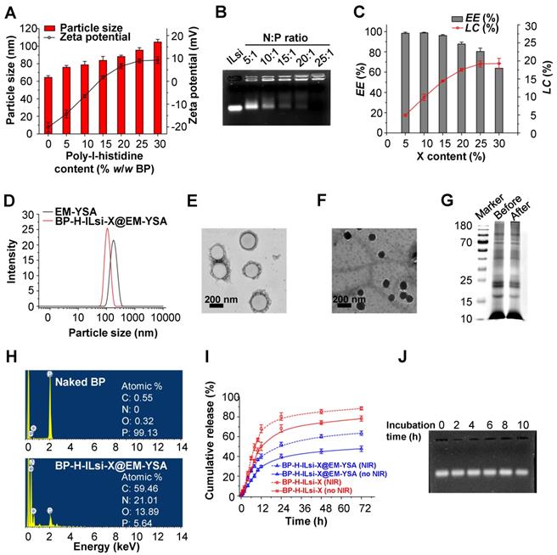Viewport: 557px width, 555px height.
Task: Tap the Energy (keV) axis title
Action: pyautogui.click(x=100, y=545)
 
